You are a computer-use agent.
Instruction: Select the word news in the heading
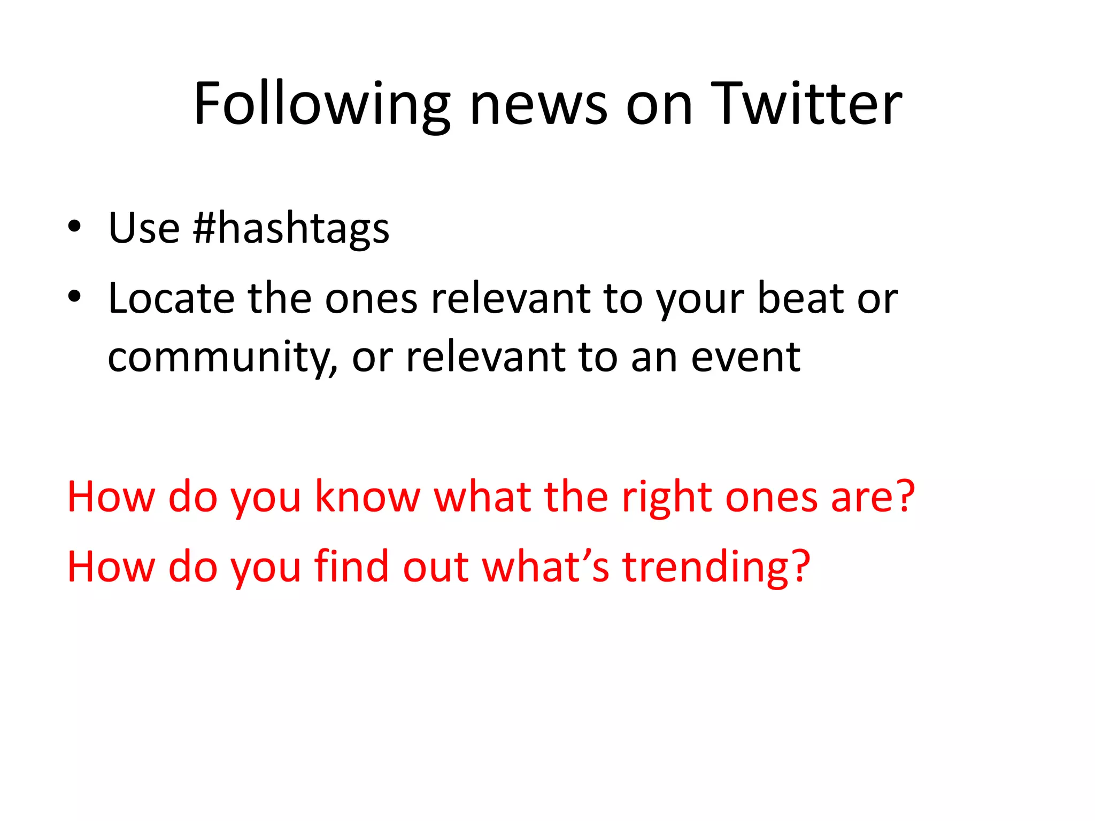point(538,104)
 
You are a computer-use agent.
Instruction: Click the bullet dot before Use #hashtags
point(74,226)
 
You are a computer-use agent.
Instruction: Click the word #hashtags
point(291,228)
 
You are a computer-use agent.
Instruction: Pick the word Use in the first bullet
point(144,228)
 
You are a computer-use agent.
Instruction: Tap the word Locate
point(171,298)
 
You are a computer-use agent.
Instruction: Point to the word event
point(745,357)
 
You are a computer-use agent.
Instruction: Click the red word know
point(367,497)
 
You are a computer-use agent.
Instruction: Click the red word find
point(351,567)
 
